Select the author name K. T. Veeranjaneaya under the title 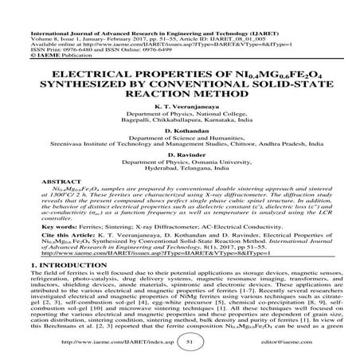(x=179, y=117)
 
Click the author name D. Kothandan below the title (x=179, y=151)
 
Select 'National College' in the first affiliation (x=209, y=126)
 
